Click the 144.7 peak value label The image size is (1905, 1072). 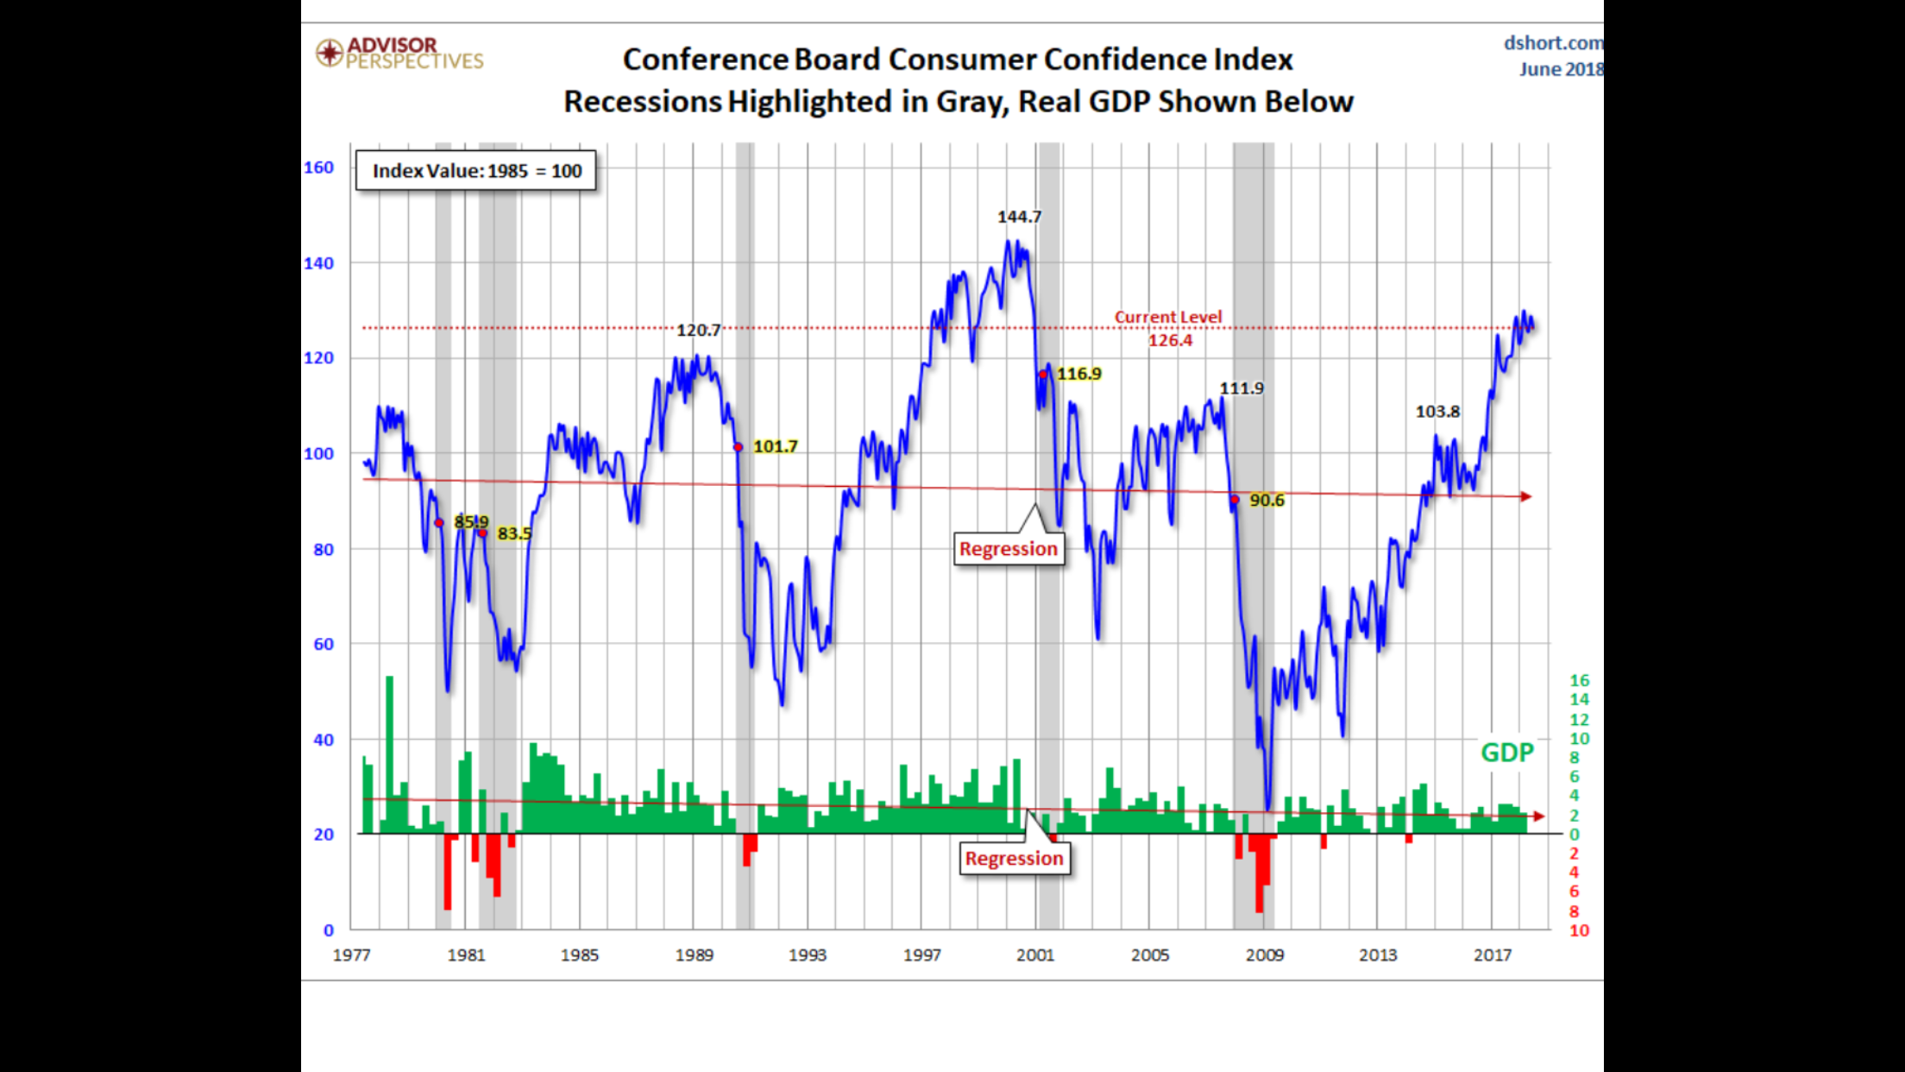pos(1019,217)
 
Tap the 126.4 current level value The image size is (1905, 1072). pos(1170,340)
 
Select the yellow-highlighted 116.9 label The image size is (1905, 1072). pos(1078,374)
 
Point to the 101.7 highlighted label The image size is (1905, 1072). pos(775,446)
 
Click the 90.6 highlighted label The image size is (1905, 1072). pos(1267,500)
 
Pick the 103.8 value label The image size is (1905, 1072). pos(1437,412)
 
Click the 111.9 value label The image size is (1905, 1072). pos(1241,388)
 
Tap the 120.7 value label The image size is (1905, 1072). pos(698,330)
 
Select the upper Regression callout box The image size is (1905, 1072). pos(1008,549)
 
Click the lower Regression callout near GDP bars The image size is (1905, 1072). pos(1014,858)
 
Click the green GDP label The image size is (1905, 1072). pos(1506,753)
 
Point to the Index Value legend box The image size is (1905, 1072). pos(476,171)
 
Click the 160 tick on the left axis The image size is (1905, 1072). pos(318,167)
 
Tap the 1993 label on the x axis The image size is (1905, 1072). pos(808,955)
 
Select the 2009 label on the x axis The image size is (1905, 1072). pos(1264,955)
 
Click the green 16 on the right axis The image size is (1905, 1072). pos(1579,680)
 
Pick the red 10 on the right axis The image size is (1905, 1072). pos(1579,930)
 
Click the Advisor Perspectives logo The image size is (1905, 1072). pos(399,53)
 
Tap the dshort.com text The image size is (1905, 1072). pos(1553,43)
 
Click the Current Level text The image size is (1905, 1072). pos(1168,317)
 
